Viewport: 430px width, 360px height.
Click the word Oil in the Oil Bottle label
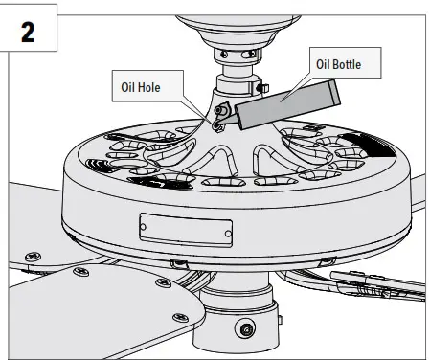point(326,66)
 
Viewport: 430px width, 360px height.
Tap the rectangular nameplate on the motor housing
point(185,228)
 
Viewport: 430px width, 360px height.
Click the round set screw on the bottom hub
point(248,328)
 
